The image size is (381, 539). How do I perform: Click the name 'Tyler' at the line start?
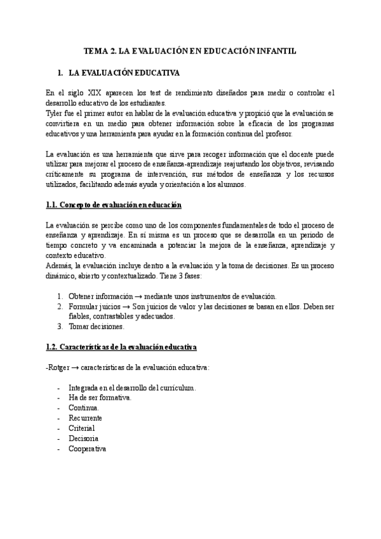56,113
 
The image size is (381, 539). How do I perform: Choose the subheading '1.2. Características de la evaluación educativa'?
121,347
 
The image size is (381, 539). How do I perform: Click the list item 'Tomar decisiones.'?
97,327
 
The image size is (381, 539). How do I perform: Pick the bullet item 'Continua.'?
84,407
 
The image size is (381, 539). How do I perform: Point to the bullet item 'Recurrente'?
86,418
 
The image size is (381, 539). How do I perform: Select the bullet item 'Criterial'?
82,428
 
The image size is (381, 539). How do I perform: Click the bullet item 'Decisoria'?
83,438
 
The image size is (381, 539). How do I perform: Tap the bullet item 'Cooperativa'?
88,448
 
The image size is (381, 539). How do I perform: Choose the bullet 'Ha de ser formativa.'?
100,397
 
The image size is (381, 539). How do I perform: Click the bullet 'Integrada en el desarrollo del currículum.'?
132,387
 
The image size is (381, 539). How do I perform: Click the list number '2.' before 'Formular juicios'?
60,306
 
